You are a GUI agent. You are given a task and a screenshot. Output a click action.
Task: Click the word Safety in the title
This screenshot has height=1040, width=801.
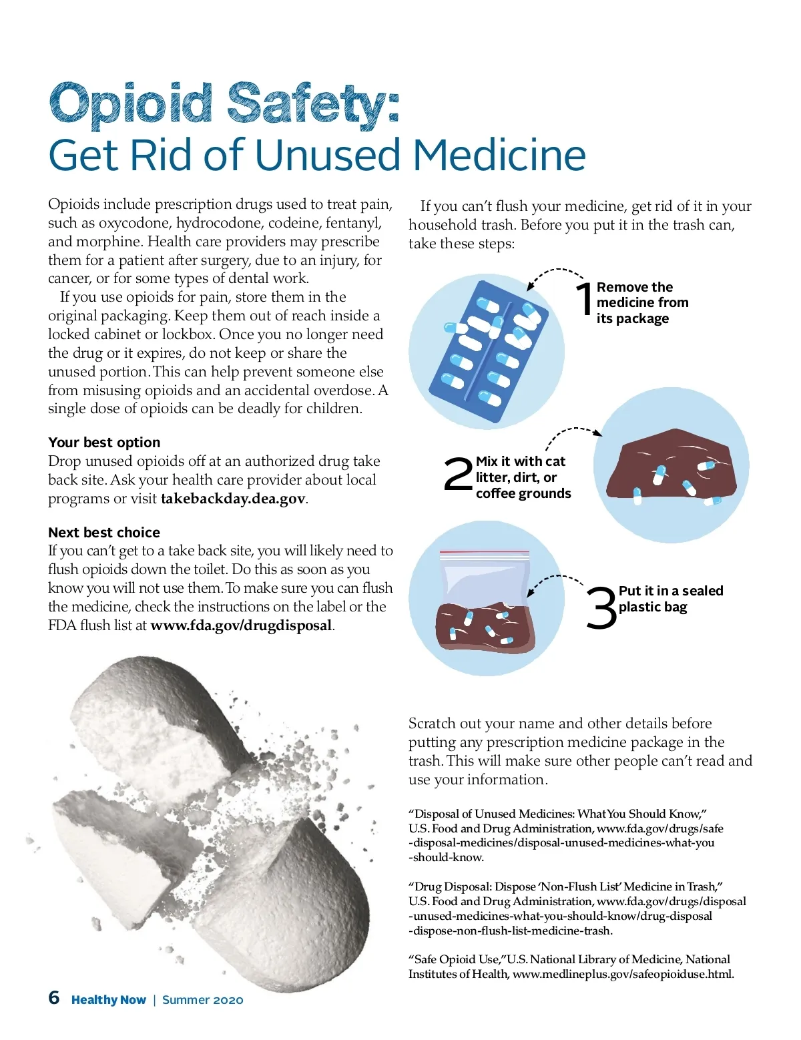tap(313, 104)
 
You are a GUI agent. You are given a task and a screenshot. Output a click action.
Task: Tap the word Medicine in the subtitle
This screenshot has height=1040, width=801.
tap(499, 155)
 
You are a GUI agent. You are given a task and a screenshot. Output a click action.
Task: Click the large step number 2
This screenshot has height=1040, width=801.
tap(458, 474)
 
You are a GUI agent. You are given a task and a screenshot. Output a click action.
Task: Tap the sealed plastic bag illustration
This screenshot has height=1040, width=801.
tap(484, 603)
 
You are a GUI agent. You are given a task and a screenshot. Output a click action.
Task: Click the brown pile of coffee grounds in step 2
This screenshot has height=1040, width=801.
tap(672, 466)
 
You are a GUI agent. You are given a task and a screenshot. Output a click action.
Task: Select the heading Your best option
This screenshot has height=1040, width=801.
tap(104, 442)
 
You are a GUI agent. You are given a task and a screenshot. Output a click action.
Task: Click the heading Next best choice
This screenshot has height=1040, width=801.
tap(104, 532)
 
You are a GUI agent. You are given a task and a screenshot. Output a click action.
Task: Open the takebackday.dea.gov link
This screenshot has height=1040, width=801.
tap(233, 499)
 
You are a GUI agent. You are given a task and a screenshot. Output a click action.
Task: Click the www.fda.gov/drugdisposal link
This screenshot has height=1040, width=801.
tap(241, 625)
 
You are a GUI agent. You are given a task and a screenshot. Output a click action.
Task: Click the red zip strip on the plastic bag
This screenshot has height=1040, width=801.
tap(484, 552)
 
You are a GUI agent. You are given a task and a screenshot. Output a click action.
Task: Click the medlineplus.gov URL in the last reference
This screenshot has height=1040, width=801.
tap(623, 974)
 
